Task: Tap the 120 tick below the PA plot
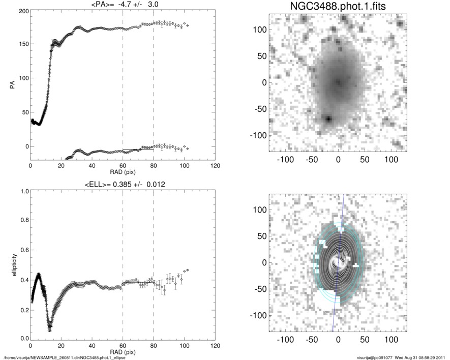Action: point(215,166)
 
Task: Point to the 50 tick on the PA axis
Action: point(23,112)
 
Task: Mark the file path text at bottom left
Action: point(65,357)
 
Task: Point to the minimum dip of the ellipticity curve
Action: point(49,324)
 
